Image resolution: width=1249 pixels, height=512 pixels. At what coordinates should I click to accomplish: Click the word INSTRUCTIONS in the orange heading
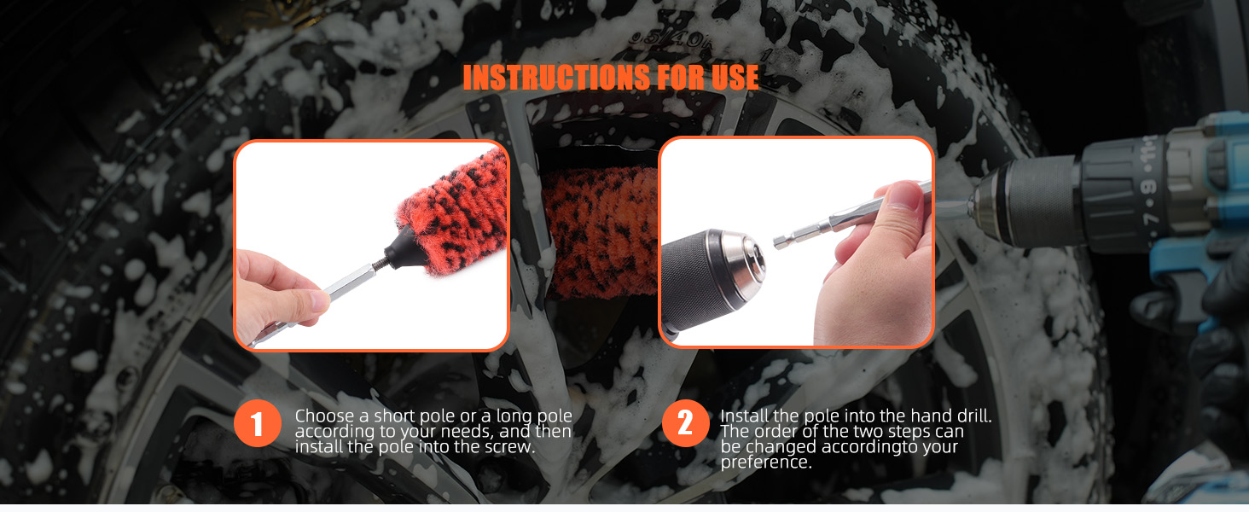556,77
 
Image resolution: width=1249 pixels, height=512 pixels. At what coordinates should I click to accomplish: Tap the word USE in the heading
735,77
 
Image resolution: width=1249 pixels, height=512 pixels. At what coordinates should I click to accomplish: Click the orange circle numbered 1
257,422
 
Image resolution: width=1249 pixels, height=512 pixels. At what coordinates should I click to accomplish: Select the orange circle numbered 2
685,422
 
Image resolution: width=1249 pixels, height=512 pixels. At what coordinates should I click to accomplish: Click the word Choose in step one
324,416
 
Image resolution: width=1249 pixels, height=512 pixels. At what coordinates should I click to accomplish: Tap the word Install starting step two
744,416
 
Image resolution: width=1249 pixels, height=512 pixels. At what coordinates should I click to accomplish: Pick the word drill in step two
973,416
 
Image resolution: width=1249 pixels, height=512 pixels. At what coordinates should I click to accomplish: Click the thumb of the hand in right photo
898,205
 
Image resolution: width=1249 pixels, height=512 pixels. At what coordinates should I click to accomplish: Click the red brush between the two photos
601,231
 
